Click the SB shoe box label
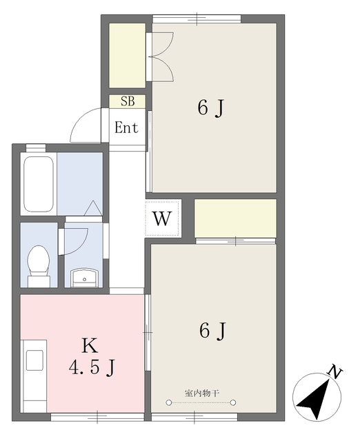click(x=128, y=101)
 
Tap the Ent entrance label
click(x=126, y=127)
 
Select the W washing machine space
click(x=162, y=218)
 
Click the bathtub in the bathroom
click(x=39, y=184)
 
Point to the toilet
click(x=39, y=267)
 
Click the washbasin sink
click(x=84, y=278)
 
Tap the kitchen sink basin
click(x=34, y=360)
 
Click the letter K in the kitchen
click(x=90, y=346)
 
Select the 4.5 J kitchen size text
click(x=92, y=368)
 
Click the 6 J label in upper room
click(x=211, y=108)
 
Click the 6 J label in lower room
click(x=212, y=331)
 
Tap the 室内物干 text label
click(x=202, y=393)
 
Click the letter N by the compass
click(x=334, y=372)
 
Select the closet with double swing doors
click(x=127, y=55)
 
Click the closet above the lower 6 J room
click(x=235, y=218)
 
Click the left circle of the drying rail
click(x=168, y=402)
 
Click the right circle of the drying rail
click(x=233, y=402)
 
